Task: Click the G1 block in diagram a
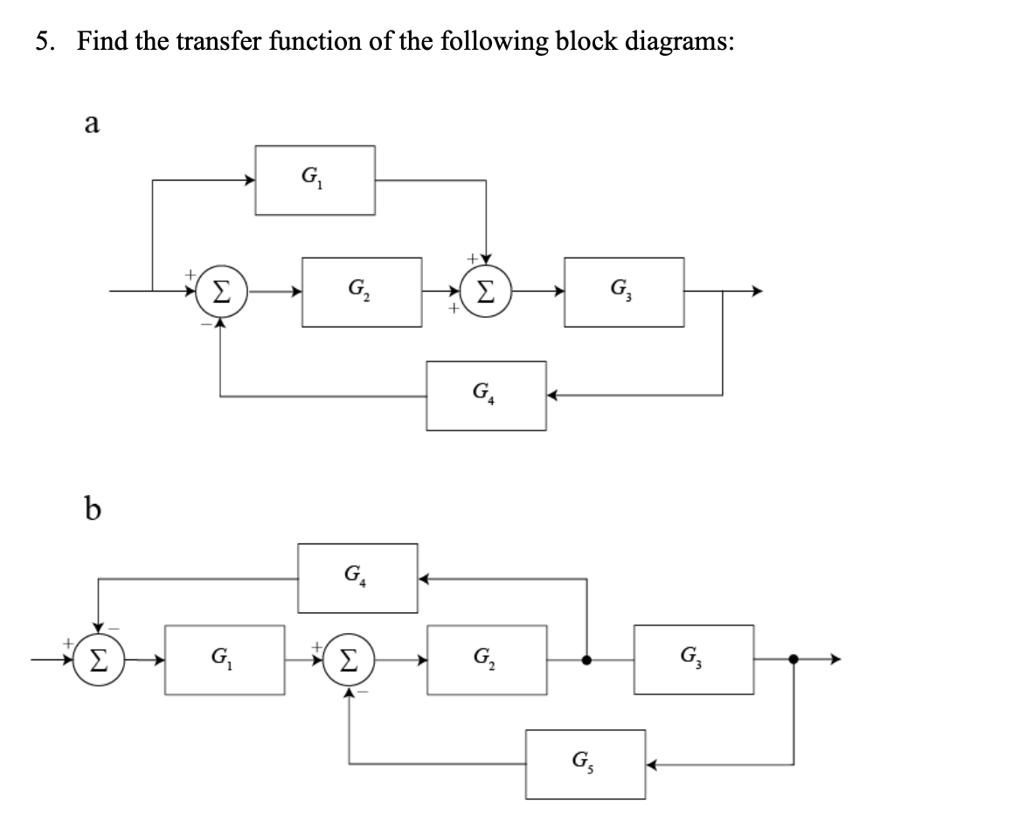point(315,180)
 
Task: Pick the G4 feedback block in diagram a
point(487,396)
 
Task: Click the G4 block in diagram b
point(357,578)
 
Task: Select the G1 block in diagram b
point(224,659)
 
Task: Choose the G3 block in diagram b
point(694,659)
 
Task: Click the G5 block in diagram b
point(586,764)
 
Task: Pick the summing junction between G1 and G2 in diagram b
point(349,659)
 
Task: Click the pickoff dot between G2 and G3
point(587,659)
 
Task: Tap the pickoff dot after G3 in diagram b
point(794,659)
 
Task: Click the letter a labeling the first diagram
point(89,124)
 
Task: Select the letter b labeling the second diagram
point(90,509)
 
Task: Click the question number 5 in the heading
point(42,41)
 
